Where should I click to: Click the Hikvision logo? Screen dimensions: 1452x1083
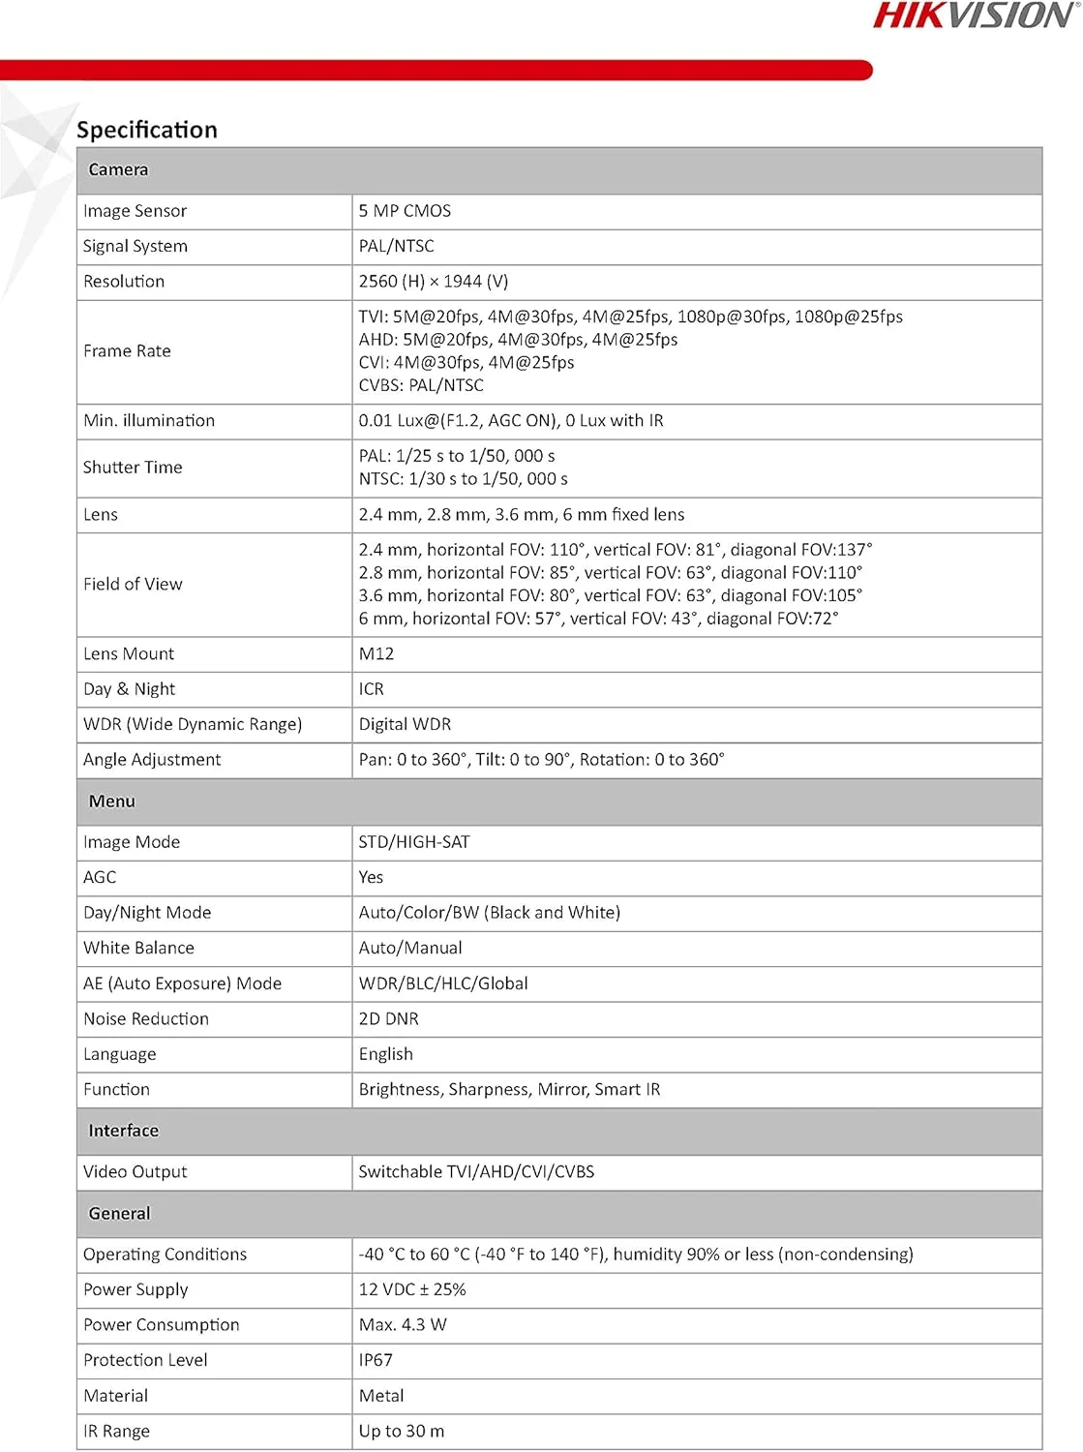click(x=975, y=15)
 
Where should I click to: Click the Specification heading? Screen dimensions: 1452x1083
click(x=147, y=130)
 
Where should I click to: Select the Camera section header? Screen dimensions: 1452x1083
click(x=118, y=169)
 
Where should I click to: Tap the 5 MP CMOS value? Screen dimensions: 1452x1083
click(x=405, y=211)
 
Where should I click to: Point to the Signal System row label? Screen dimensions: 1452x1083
click(x=135, y=246)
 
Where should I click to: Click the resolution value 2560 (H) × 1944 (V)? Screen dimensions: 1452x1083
click(x=433, y=282)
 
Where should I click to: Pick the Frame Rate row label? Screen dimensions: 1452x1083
click(x=127, y=350)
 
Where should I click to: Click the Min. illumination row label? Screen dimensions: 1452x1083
click(x=149, y=420)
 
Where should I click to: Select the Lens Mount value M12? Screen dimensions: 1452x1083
click(x=376, y=653)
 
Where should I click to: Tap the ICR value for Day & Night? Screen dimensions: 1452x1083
click(x=371, y=689)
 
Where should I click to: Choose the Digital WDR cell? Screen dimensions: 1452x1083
click(x=405, y=724)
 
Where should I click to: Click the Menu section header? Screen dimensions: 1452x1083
click(x=112, y=802)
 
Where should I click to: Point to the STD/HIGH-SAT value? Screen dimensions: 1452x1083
click(x=414, y=842)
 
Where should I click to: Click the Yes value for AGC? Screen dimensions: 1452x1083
click(x=371, y=877)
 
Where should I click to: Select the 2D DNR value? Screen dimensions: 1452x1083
click(x=388, y=1018)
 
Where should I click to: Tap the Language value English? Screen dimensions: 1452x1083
click(x=385, y=1054)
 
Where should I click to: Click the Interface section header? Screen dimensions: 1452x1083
click(x=123, y=1131)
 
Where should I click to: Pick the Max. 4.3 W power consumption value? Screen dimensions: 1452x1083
click(x=403, y=1324)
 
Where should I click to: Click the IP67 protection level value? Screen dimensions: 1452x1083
click(x=376, y=1360)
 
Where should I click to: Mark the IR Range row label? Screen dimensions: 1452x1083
click(x=116, y=1431)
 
